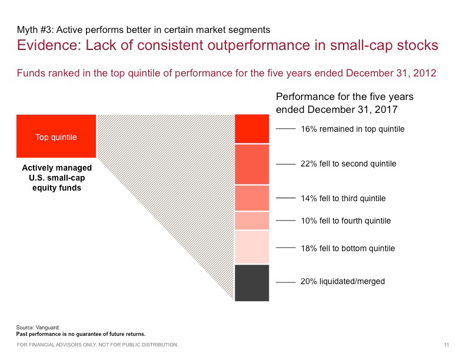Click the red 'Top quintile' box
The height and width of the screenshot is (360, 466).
pyautogui.click(x=56, y=136)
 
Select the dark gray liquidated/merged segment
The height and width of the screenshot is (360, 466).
pyautogui.click(x=252, y=283)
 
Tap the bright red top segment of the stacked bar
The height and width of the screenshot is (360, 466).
pyautogui.click(x=252, y=129)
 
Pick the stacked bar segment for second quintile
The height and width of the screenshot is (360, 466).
pyautogui.click(x=252, y=164)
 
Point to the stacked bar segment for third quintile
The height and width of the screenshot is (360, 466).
pyautogui.click(x=252, y=198)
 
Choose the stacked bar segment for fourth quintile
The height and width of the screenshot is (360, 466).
pyautogui.click(x=252, y=221)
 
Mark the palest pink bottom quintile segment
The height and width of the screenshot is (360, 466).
pyautogui.click(x=252, y=247)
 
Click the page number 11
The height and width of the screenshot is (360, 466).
pyautogui.click(x=447, y=345)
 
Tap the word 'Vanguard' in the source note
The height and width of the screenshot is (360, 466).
pyautogui.click(x=48, y=328)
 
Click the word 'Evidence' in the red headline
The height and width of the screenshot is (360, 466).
pyautogui.click(x=49, y=45)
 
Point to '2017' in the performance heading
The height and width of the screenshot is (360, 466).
pyautogui.click(x=386, y=109)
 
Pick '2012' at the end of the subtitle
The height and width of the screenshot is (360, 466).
pyautogui.click(x=425, y=73)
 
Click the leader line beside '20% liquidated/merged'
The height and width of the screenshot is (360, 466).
pyautogui.click(x=285, y=282)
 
